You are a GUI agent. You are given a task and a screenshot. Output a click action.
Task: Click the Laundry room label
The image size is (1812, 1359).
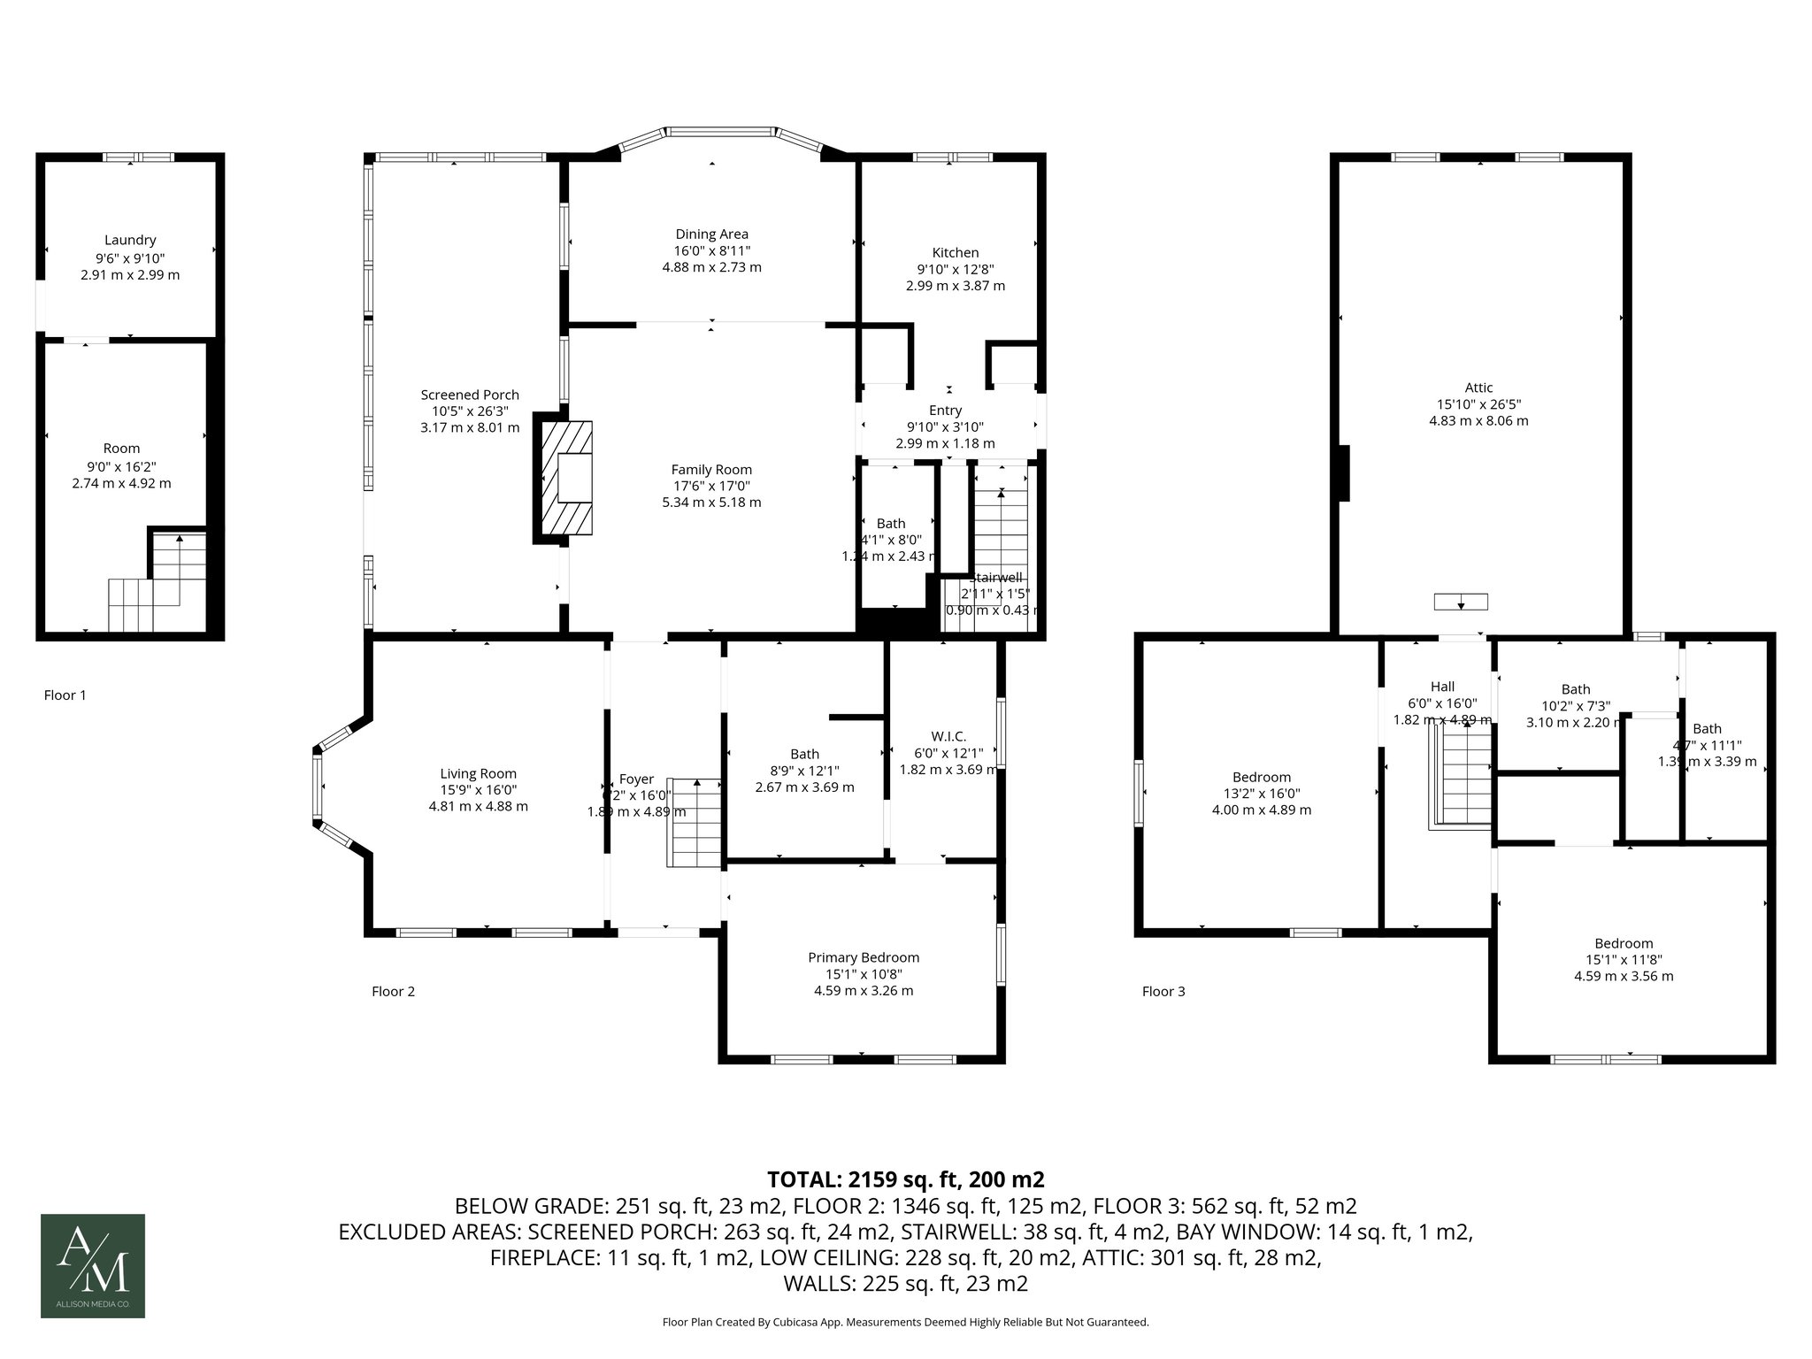click(x=130, y=240)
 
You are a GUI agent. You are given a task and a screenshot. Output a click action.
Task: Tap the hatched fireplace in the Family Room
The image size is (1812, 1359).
click(x=564, y=478)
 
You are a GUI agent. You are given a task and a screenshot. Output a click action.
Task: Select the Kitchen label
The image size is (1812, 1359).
click(x=955, y=252)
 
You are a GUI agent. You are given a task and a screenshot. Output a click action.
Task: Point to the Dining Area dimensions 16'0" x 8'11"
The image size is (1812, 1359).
click(x=711, y=250)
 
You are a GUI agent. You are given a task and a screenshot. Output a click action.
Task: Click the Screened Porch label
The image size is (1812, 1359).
click(x=470, y=395)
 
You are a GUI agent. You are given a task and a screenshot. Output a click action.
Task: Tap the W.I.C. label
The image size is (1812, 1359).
click(x=948, y=736)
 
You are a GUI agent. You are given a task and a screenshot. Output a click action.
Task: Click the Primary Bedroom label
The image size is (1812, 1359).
click(x=864, y=957)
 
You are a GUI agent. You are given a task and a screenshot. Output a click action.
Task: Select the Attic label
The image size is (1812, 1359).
click(x=1478, y=388)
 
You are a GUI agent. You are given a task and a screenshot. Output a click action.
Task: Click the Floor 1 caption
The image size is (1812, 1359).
click(x=65, y=695)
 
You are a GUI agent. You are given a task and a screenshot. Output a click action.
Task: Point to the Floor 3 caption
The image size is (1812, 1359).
click(x=1163, y=991)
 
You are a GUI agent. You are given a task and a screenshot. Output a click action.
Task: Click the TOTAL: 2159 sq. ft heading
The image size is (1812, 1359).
click(x=906, y=1179)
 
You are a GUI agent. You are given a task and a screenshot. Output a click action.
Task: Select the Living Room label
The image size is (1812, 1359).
click(x=479, y=773)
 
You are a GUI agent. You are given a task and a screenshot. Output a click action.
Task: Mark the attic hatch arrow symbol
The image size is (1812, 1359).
click(x=1460, y=603)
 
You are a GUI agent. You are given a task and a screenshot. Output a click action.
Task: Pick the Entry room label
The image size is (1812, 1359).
click(x=945, y=411)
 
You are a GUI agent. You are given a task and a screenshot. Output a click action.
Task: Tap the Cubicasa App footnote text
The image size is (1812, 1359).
click(x=905, y=1322)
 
